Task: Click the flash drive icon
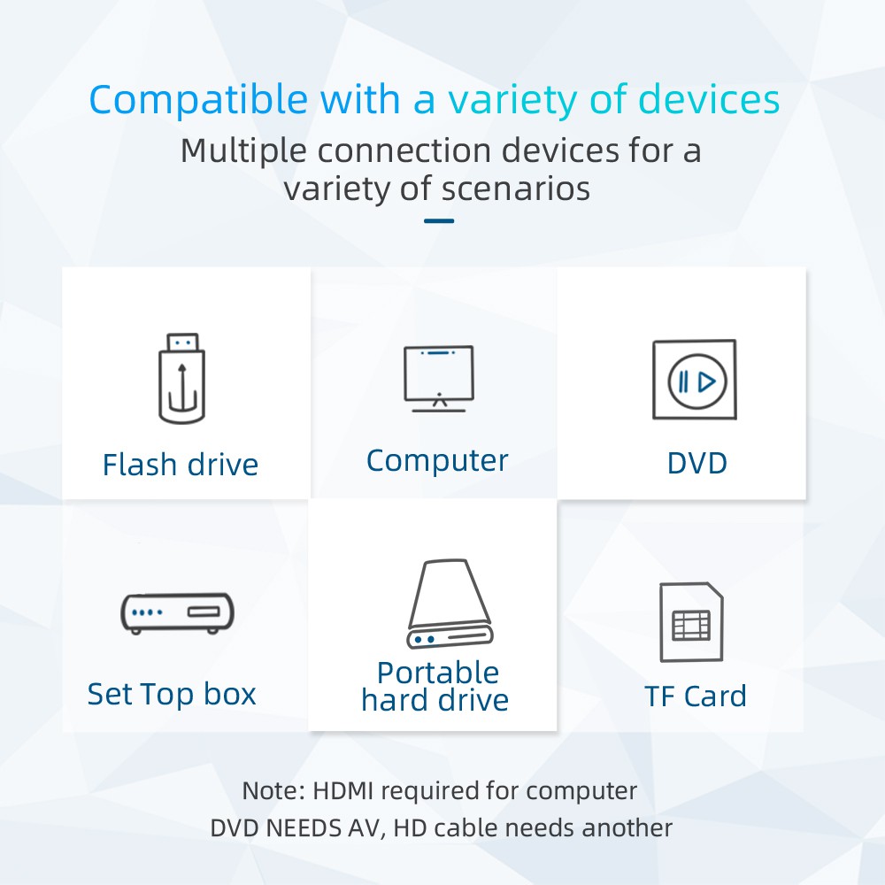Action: tap(181, 378)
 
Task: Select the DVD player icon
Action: tap(694, 380)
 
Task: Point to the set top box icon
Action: tap(177, 613)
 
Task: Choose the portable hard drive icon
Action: tap(450, 604)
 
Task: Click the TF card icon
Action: tap(691, 622)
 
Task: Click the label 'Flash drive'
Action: tap(181, 466)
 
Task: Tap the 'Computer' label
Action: tap(437, 461)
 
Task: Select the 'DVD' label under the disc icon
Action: tap(697, 464)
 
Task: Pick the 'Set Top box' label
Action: tap(172, 694)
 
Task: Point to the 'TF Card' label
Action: tap(696, 696)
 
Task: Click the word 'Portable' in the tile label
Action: tap(438, 673)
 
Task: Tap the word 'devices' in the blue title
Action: tap(709, 99)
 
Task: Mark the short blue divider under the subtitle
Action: tap(439, 220)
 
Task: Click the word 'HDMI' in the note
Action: tap(343, 790)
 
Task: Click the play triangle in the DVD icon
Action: tap(707, 382)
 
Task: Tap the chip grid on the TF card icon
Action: tap(691, 626)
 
